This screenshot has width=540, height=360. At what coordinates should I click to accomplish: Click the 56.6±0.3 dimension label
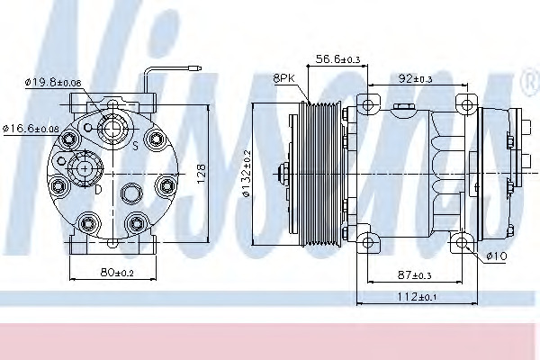pos(337,58)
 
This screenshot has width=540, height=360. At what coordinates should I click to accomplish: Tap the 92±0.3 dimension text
pos(415,79)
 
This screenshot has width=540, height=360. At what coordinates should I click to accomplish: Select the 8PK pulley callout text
pos(284,78)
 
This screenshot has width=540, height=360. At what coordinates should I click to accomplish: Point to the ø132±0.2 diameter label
pos(247,174)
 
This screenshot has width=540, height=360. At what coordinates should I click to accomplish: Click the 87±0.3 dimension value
pos(414,274)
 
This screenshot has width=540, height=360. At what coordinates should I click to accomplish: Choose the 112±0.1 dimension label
pos(417,296)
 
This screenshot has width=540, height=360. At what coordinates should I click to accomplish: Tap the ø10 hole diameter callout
pos(497,256)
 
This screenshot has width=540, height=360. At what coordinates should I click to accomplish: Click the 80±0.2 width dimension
pos(117,273)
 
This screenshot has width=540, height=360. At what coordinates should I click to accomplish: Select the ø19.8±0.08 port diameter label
pos(53,82)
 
